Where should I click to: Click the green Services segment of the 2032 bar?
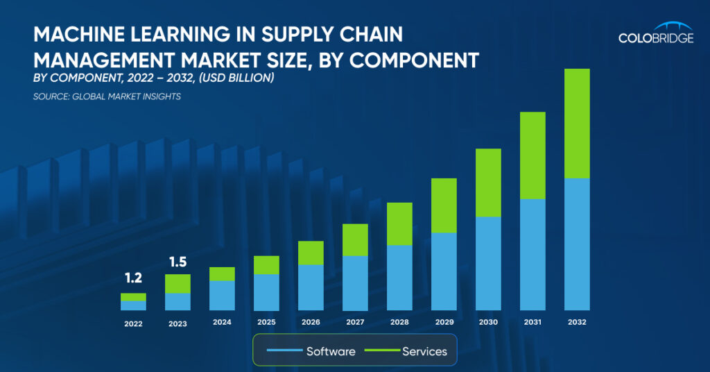(577, 124)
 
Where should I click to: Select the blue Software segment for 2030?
(488, 263)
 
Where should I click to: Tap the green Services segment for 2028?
(399, 223)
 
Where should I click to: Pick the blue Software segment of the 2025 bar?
(266, 292)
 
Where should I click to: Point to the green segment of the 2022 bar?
(133, 297)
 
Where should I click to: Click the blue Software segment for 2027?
(355, 283)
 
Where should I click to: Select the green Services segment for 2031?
(532, 155)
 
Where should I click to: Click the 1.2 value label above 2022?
(133, 278)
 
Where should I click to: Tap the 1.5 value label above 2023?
(177, 262)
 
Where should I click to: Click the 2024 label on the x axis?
(222, 322)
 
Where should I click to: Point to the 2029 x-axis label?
(444, 322)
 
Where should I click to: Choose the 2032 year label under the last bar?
(577, 322)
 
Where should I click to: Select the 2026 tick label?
(311, 322)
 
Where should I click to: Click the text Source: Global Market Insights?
(107, 96)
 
